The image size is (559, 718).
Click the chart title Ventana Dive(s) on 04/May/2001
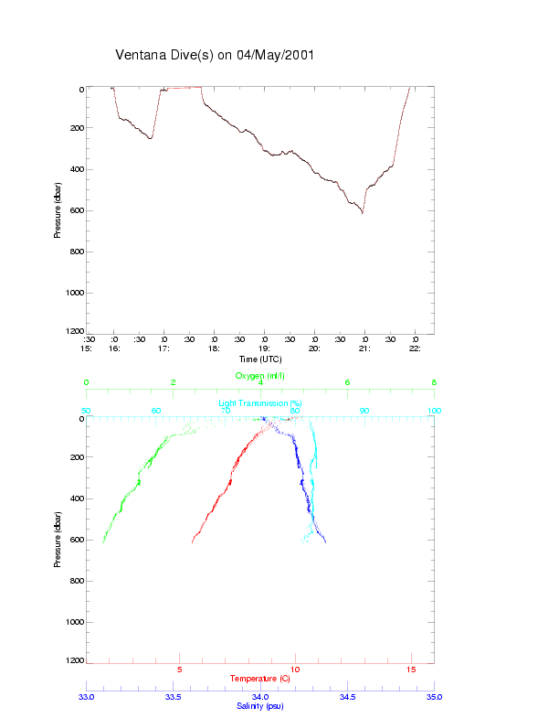[215, 55]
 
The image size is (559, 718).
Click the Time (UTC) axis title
[260, 359]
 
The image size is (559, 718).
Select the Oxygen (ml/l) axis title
[260, 375]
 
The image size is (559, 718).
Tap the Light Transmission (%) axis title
[260, 402]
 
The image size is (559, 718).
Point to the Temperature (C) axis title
[260, 679]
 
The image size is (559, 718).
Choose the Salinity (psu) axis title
[260, 706]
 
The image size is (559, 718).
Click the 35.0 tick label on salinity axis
[434, 696]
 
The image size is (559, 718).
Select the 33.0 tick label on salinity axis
[86, 696]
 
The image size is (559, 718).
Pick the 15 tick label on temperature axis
[411, 670]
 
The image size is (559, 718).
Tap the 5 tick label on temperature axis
[180, 670]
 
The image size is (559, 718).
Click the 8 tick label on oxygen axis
[434, 382]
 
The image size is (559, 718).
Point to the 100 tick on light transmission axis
[434, 411]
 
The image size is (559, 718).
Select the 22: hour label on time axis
[415, 348]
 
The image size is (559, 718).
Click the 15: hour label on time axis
[86, 348]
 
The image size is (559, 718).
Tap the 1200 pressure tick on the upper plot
[73, 332]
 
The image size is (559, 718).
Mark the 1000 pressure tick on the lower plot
[73, 622]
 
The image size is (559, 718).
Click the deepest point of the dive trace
[362, 213]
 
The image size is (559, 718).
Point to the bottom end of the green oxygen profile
[103, 541]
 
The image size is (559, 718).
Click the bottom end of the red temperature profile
[192, 542]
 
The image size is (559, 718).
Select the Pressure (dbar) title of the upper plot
[58, 210]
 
